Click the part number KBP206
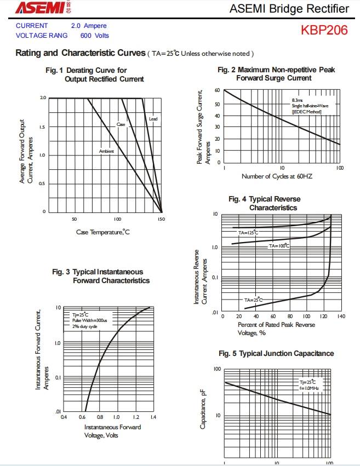click(x=324, y=30)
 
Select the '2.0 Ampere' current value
click(x=89, y=26)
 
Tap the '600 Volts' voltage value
click(x=94, y=36)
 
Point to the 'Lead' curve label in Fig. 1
click(x=153, y=119)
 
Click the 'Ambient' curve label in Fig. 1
click(x=106, y=151)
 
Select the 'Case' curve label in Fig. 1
click(x=121, y=125)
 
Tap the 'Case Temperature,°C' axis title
click(x=103, y=232)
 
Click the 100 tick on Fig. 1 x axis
click(x=117, y=219)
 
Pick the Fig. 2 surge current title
click(x=276, y=74)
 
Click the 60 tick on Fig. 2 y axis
click(x=218, y=90)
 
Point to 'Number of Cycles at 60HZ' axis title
click(x=277, y=176)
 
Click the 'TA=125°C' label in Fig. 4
click(x=248, y=233)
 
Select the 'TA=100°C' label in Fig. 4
click(x=279, y=246)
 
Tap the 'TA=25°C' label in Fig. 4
click(x=254, y=300)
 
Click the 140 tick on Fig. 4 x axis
click(x=341, y=317)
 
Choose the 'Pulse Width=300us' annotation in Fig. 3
click(x=90, y=320)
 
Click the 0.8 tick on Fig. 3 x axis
click(x=99, y=417)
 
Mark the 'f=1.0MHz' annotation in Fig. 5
click(x=309, y=388)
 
